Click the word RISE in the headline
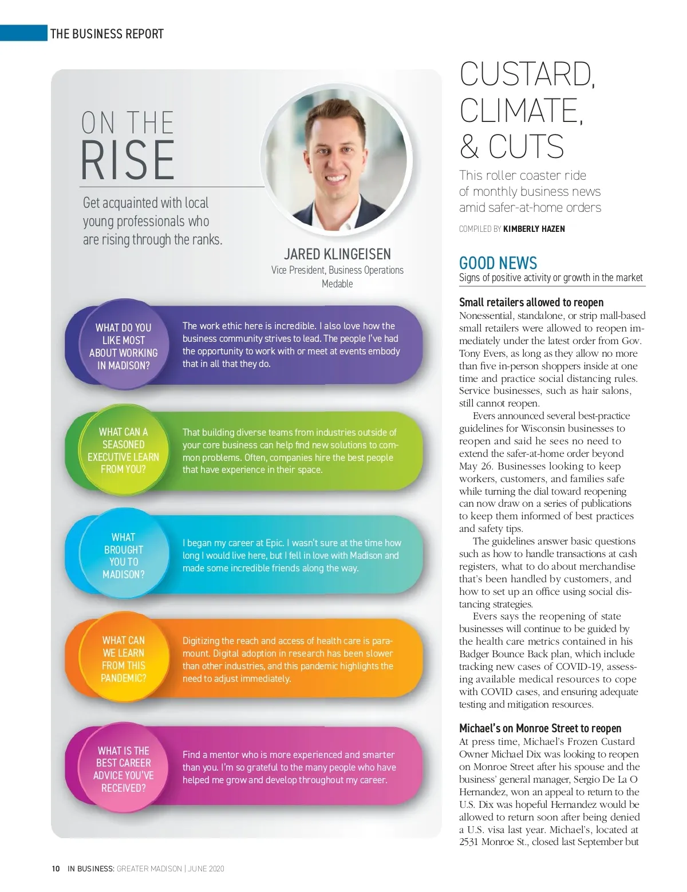coord(127,160)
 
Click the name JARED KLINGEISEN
coord(337,254)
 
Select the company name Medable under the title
coord(337,284)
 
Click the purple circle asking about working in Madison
coord(123,346)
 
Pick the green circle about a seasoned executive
coord(123,450)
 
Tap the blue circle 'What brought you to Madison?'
coord(123,555)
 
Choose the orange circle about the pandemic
coord(123,659)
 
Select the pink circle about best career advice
coord(123,769)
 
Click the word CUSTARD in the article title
coord(527,74)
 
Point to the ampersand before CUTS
coord(469,147)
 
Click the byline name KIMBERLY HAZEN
coord(534,229)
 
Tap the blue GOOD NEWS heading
coord(498,263)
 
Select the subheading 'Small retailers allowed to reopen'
coord(531,302)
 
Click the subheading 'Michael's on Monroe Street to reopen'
coord(540,728)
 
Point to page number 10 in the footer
coord(56,869)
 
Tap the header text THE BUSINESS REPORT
coord(107,34)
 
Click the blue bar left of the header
coord(23,33)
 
